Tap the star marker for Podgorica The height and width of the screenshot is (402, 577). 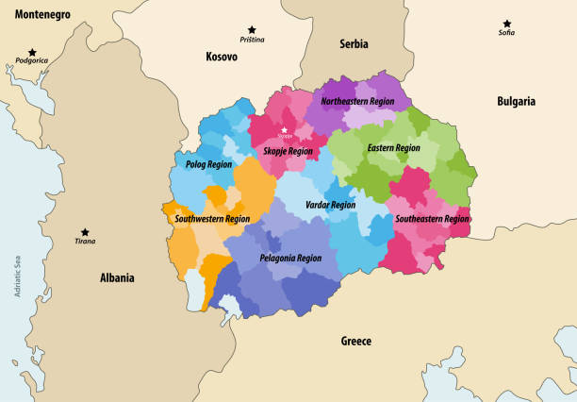point(32,53)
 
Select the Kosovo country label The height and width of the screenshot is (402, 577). point(222,57)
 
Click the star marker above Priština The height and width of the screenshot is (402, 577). point(251,30)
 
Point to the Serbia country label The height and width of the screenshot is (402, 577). point(354,43)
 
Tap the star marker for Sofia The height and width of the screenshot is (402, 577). point(506,24)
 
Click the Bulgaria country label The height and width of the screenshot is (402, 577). point(516,101)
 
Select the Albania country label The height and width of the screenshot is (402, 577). point(117,278)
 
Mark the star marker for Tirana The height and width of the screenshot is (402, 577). point(85,231)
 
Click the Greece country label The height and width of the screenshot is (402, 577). point(356,341)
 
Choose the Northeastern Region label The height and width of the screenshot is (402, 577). point(359,100)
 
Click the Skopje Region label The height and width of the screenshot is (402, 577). point(288,151)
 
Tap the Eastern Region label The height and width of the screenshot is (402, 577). point(393,147)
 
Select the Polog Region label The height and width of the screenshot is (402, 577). point(208,164)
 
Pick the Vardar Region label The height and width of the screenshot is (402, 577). point(330,205)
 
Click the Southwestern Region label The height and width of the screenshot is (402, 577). point(212,219)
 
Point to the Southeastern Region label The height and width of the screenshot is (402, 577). point(432,219)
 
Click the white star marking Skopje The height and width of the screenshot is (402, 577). point(284,130)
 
